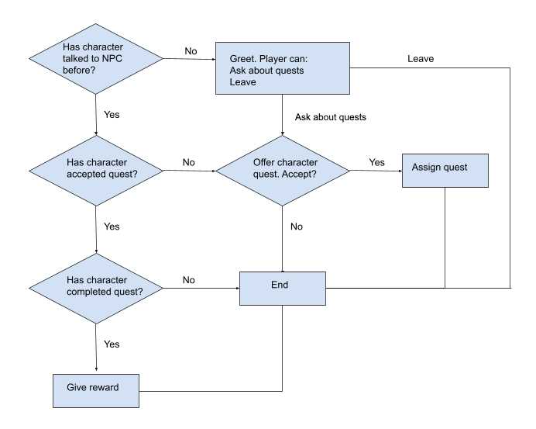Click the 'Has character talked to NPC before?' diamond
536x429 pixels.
pos(95,59)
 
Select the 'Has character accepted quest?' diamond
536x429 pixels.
pos(95,170)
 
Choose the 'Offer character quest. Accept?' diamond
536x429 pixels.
pos(282,170)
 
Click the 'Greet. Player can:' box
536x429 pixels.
pos(282,69)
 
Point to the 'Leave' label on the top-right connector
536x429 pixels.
pos(421,58)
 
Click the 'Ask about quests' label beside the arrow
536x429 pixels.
pos(331,117)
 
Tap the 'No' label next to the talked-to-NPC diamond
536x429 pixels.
pos(191,51)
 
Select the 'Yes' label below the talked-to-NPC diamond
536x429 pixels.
pos(112,115)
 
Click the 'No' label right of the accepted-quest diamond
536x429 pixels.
pos(188,162)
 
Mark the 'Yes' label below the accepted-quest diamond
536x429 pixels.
pos(112,227)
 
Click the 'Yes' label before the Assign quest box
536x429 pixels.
pos(376,162)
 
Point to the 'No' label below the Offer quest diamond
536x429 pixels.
pos(297,227)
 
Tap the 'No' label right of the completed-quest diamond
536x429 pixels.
pos(188,279)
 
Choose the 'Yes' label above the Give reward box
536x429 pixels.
pos(112,344)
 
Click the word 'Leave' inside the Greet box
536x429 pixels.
pos(242,82)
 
